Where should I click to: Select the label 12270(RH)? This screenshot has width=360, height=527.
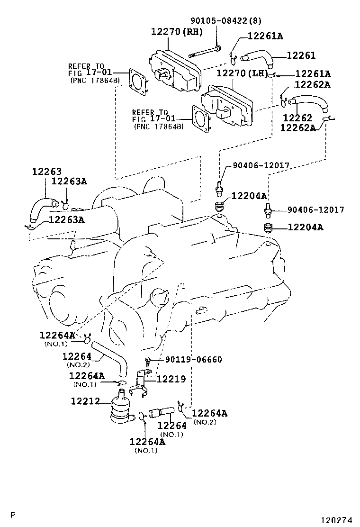(177, 32)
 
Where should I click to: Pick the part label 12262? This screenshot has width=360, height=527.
(297, 117)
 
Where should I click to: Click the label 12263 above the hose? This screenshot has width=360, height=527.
(46, 172)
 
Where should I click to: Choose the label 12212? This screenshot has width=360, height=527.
(85, 401)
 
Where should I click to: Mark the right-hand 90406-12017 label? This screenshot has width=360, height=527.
(315, 209)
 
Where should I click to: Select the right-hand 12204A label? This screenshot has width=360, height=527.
(305, 227)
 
